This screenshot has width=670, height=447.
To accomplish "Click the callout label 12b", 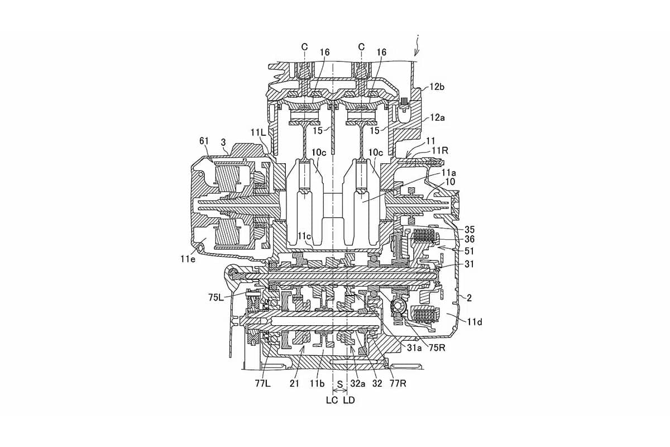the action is click(x=437, y=87).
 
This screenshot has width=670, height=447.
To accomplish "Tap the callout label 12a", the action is click(x=437, y=118).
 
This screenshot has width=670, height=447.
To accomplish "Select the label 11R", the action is click(x=440, y=151).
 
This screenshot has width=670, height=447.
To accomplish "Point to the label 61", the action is click(x=204, y=141).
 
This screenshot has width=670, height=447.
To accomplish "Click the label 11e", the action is click(x=188, y=259).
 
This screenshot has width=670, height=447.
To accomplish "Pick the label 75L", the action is click(x=216, y=297).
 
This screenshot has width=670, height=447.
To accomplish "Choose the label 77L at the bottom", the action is click(x=263, y=383).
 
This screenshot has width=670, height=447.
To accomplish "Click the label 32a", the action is click(x=358, y=383).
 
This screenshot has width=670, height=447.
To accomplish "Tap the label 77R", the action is click(x=398, y=383).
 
